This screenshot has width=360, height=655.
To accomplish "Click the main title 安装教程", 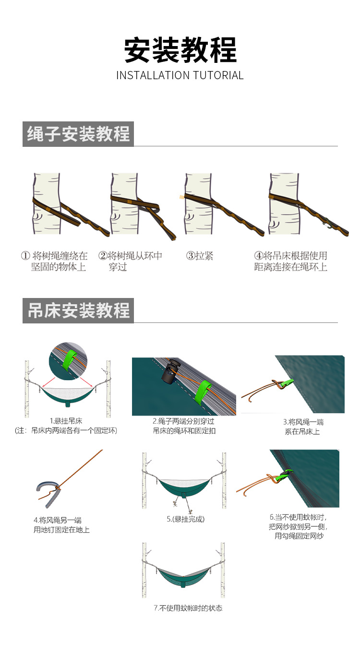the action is (x=180, y=50).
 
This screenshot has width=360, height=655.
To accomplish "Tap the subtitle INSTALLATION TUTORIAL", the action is (x=180, y=75).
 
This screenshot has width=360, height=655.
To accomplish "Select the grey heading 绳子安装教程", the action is (x=78, y=134).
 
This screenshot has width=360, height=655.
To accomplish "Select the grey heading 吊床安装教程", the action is (x=78, y=310).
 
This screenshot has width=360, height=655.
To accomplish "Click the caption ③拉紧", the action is (x=200, y=256).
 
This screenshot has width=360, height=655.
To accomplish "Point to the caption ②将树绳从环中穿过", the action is (x=131, y=261).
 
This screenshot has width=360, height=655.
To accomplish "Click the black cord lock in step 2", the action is (x=169, y=371).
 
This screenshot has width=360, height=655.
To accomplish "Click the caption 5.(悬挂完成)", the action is (x=185, y=519).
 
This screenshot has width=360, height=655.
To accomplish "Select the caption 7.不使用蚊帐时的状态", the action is (x=188, y=608).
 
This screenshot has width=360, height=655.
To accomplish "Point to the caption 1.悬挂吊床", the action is (x=66, y=421).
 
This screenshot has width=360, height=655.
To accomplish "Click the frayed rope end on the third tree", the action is (x=182, y=197).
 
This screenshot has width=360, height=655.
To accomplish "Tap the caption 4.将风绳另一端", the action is (x=58, y=520).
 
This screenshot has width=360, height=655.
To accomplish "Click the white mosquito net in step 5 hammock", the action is (x=184, y=483).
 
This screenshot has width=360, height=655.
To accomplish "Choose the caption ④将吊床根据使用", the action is (x=290, y=256).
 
